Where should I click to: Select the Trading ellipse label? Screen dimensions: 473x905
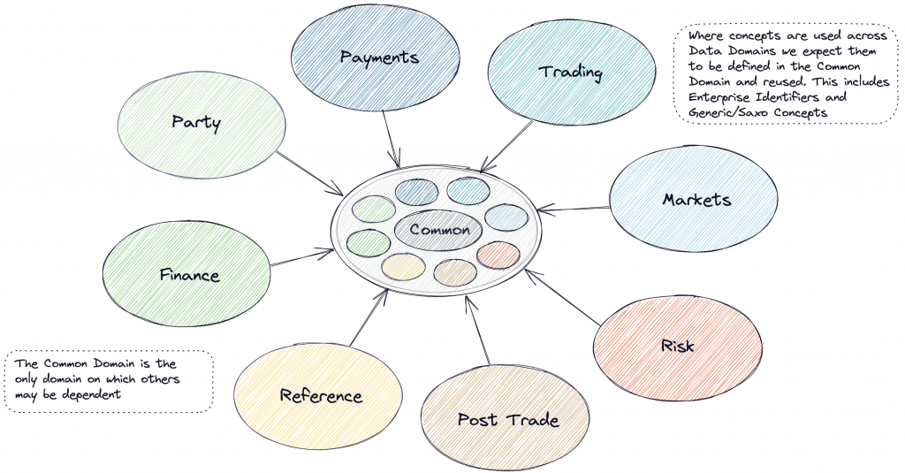pos(571,72)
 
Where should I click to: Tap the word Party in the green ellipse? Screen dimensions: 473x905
pos(196,122)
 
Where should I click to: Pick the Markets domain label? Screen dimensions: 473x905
pos(696,199)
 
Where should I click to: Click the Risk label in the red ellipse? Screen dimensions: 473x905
pos(677,346)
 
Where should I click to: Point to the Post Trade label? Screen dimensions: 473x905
pos(507,419)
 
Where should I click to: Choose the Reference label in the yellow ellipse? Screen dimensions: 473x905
pos(321,395)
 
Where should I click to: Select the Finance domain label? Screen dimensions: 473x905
pos(189,275)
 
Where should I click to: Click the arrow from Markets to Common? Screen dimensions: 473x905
pos(574,210)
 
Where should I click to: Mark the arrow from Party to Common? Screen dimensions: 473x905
pos(309,173)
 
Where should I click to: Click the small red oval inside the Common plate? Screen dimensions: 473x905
pos(498,255)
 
